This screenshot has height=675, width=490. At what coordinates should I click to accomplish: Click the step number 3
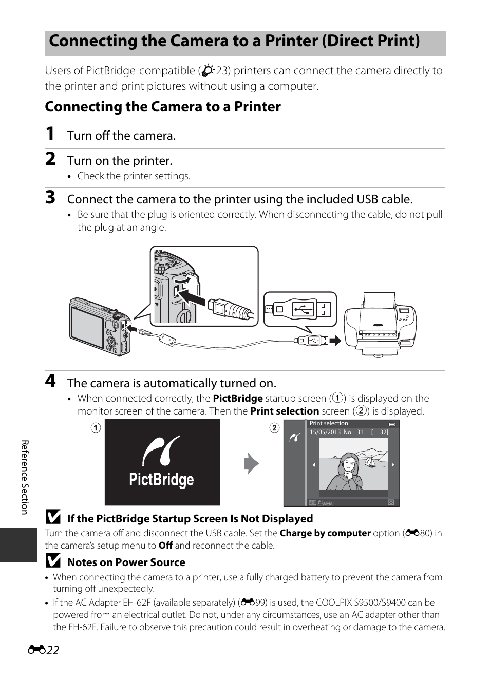click(x=50, y=198)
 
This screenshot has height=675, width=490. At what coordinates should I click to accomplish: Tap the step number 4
click(x=50, y=381)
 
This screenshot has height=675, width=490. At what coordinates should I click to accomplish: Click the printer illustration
click(x=380, y=324)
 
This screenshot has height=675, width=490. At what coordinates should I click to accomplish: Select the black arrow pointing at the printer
click(x=335, y=341)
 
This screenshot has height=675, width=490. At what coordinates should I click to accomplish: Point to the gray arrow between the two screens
click(x=252, y=463)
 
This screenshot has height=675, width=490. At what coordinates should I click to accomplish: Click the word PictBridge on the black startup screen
click(x=161, y=479)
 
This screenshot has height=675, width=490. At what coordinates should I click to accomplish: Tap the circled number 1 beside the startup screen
click(x=96, y=428)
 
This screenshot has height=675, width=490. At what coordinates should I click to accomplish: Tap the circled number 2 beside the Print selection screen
click(x=274, y=428)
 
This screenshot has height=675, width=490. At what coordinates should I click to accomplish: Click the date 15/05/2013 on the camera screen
click(x=325, y=432)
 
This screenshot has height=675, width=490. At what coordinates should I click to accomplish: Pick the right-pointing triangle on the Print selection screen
click(x=392, y=465)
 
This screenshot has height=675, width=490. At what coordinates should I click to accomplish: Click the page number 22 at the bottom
click(x=53, y=650)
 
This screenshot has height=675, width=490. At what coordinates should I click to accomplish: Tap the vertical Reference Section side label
click(x=25, y=477)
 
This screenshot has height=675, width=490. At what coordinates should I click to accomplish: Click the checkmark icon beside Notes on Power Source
click(x=53, y=560)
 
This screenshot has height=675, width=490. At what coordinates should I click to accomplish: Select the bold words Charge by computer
click(x=325, y=533)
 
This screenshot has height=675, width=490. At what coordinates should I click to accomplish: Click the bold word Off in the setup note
click(x=165, y=546)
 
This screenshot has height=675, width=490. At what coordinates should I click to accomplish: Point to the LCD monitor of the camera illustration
click(x=87, y=324)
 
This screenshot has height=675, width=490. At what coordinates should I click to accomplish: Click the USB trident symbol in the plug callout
click(x=304, y=309)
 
